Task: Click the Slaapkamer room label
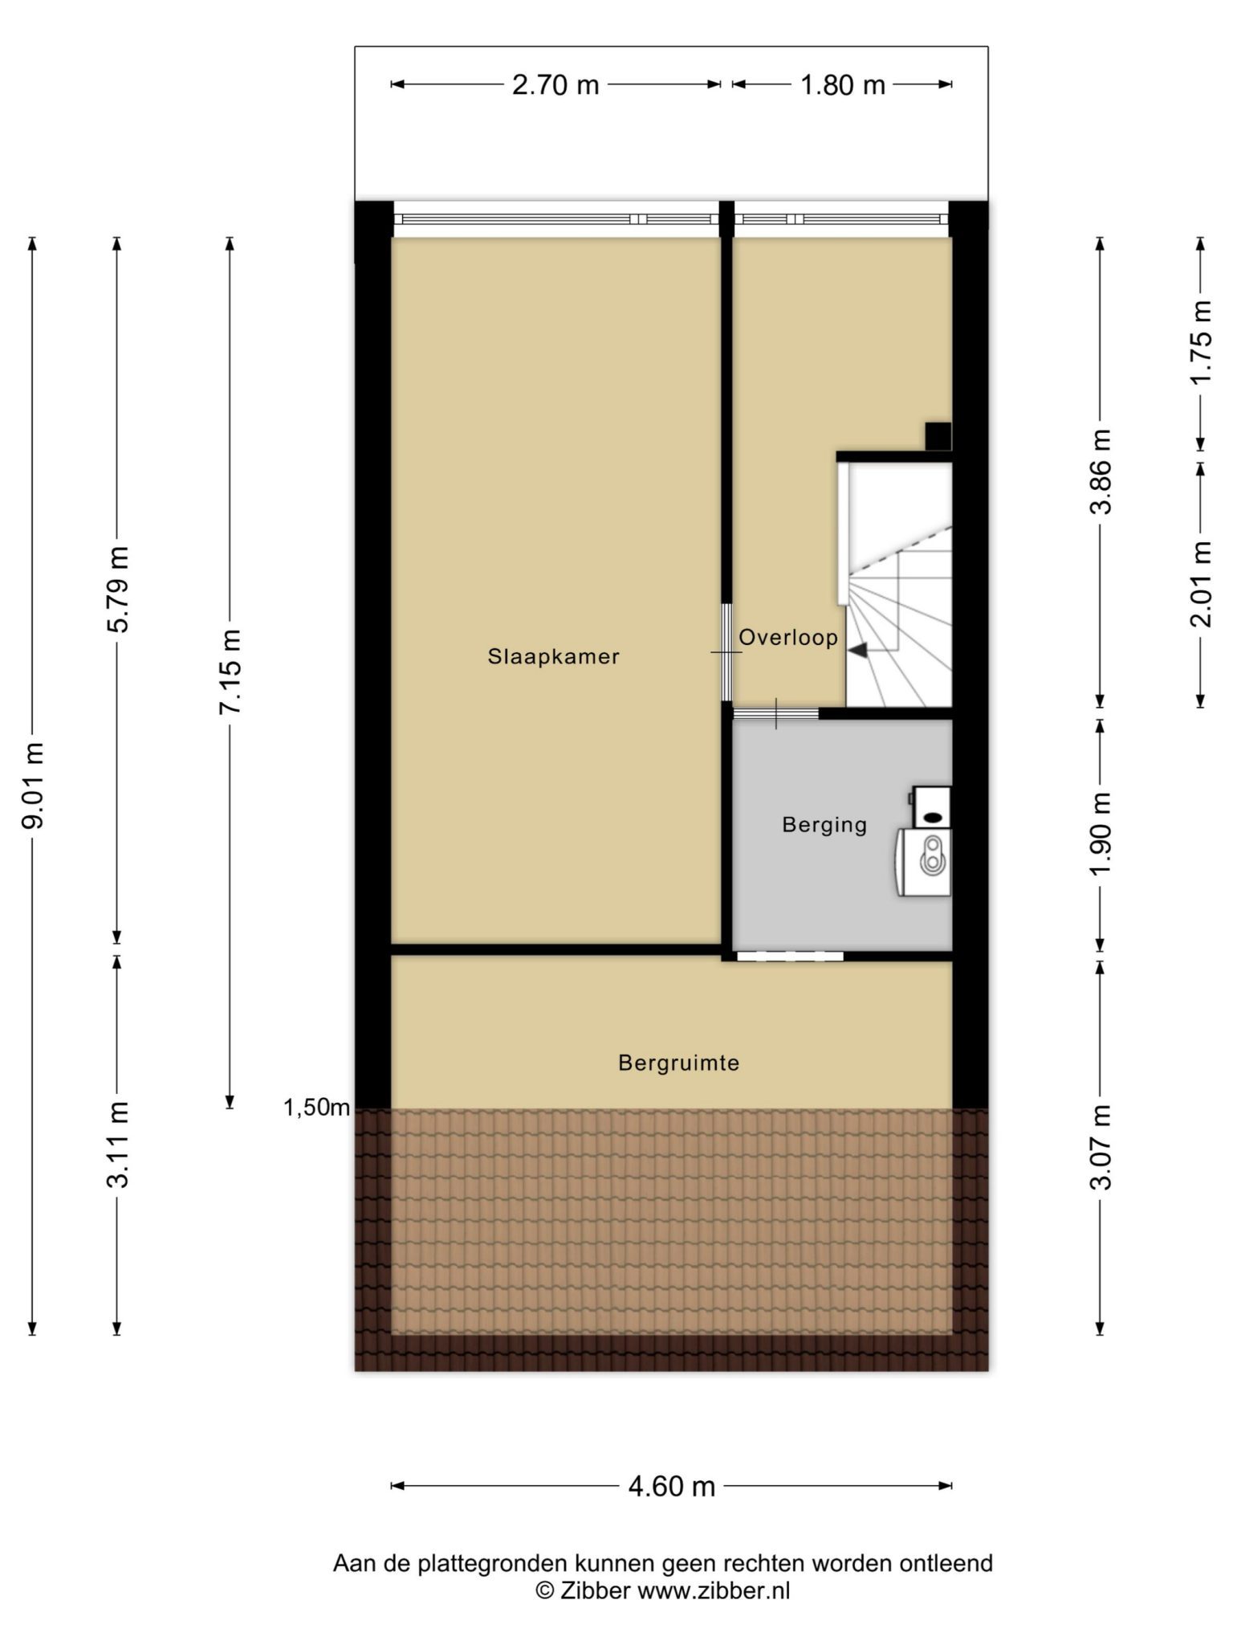pyautogui.click(x=553, y=657)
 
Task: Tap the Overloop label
pyautogui.click(x=788, y=638)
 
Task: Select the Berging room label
pyautogui.click(x=824, y=826)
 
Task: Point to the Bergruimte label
pyautogui.click(x=678, y=1063)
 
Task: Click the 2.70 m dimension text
pyautogui.click(x=555, y=84)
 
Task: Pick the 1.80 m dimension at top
pyautogui.click(x=842, y=84)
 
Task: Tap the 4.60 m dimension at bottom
pyautogui.click(x=671, y=1486)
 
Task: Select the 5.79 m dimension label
pyautogui.click(x=117, y=590)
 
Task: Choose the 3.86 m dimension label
pyautogui.click(x=1101, y=471)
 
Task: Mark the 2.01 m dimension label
pyautogui.click(x=1202, y=584)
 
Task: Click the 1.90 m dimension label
pyautogui.click(x=1101, y=835)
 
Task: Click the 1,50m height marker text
pyautogui.click(x=317, y=1108)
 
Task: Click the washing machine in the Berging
pyautogui.click(x=924, y=862)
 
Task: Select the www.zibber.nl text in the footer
pyautogui.click(x=714, y=1590)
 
